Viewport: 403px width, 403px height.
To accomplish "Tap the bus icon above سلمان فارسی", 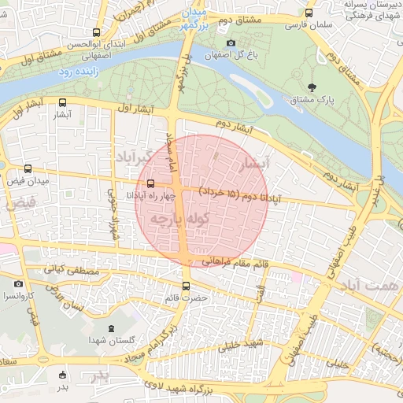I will [x=308, y=13].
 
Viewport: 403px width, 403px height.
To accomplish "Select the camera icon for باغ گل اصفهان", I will [x=231, y=43].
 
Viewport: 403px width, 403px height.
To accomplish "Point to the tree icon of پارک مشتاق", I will [x=313, y=87].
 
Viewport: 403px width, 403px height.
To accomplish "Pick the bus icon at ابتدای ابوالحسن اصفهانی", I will [x=96, y=33].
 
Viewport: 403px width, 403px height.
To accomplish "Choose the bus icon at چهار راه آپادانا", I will [x=150, y=183].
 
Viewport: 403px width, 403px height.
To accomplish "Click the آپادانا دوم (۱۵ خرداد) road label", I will [x=236, y=190].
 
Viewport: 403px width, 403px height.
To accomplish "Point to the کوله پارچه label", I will [x=179, y=216].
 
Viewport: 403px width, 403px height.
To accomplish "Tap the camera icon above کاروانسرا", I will [x=18, y=284].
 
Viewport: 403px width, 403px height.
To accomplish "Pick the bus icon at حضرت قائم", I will [x=186, y=286].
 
